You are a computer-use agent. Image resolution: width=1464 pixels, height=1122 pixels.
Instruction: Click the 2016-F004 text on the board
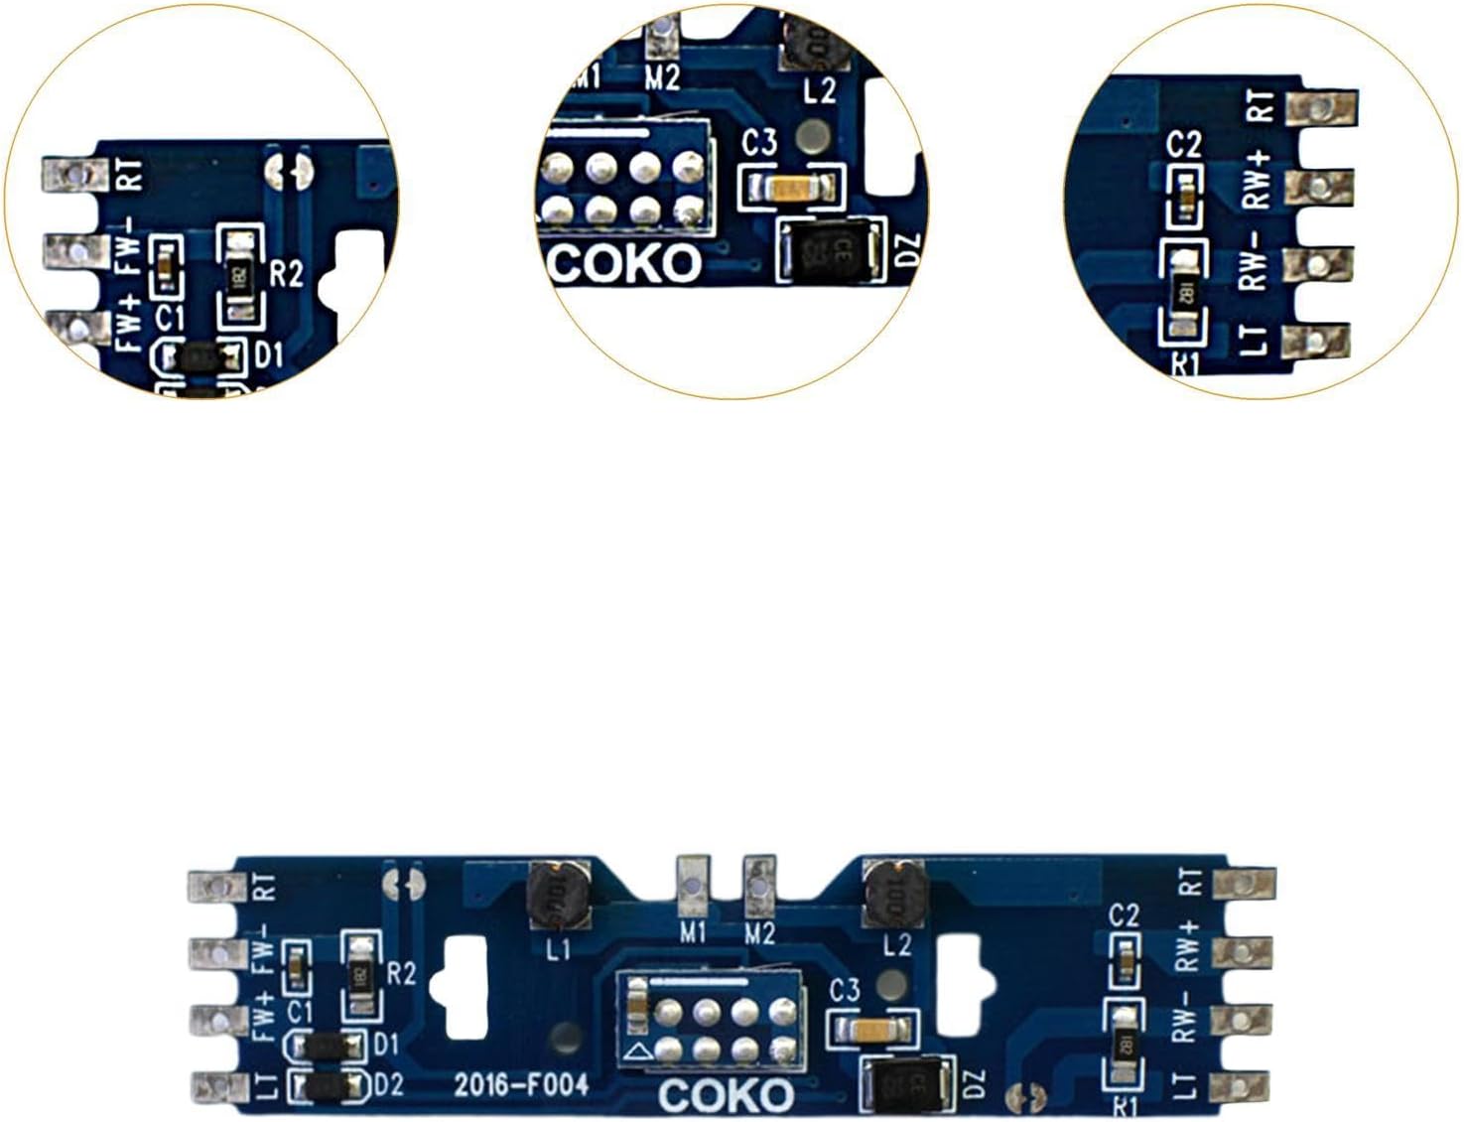pyautogui.click(x=521, y=1084)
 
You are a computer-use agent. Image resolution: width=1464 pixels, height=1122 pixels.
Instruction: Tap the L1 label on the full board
pyautogui.click(x=559, y=949)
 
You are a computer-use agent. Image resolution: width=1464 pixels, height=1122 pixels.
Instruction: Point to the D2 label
pyautogui.click(x=388, y=1085)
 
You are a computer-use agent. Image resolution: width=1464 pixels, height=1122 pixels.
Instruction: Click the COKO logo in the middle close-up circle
pyautogui.click(x=625, y=264)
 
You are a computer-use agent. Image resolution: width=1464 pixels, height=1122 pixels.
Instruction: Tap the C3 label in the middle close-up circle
pyautogui.click(x=759, y=143)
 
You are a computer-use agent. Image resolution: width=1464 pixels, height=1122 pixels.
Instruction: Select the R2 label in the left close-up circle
pyautogui.click(x=286, y=273)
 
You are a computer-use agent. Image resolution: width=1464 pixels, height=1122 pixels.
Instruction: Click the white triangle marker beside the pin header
pyautogui.click(x=639, y=1050)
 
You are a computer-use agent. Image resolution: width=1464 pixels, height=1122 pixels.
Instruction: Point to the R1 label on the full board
pyautogui.click(x=1125, y=1106)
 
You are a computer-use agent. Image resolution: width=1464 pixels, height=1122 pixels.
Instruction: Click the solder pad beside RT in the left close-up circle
pyautogui.click(x=73, y=176)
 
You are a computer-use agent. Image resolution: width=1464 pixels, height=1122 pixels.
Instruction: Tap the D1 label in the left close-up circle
pyautogui.click(x=269, y=354)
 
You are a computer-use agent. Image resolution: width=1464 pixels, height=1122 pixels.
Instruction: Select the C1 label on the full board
pyautogui.click(x=300, y=1012)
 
